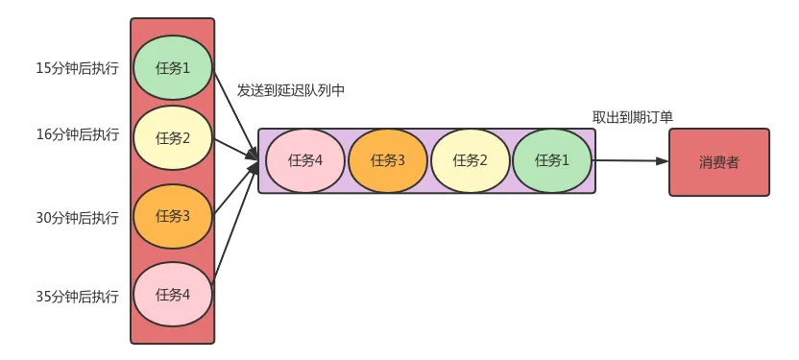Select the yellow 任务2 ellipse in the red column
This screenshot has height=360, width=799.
tap(172, 137)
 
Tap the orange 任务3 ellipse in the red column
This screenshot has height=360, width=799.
tap(172, 216)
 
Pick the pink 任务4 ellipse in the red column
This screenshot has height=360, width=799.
tap(172, 294)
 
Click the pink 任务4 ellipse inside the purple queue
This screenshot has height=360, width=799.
tap(304, 160)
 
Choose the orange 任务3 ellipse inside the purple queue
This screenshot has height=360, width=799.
tap(387, 160)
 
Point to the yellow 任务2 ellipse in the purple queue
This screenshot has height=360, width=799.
tap(470, 160)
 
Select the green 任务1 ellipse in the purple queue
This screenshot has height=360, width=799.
tap(552, 160)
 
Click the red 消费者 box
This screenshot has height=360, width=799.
tap(718, 162)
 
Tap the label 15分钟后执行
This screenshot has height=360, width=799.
tap(77, 68)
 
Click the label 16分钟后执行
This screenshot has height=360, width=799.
tap(77, 134)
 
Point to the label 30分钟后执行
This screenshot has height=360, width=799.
tap(77, 218)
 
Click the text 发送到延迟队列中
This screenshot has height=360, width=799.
tap(291, 90)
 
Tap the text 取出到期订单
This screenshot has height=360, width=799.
tap(632, 116)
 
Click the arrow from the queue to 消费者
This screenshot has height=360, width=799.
tap(631, 161)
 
